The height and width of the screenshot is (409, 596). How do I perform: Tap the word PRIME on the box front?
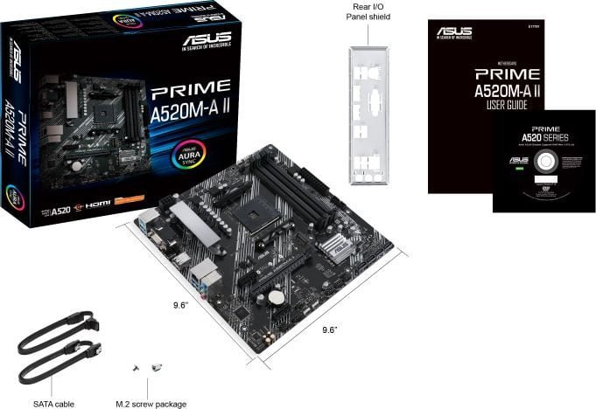tap(191, 89)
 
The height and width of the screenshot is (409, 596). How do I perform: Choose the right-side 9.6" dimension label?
tap(330, 329)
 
